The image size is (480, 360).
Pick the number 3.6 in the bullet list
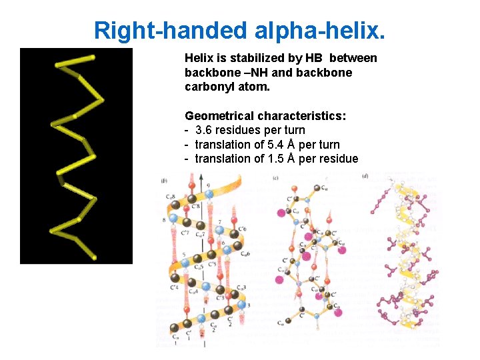(x=205, y=130)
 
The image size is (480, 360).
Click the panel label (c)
(x=276, y=177)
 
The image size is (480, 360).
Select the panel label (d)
(x=365, y=177)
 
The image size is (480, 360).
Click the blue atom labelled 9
(x=209, y=195)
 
